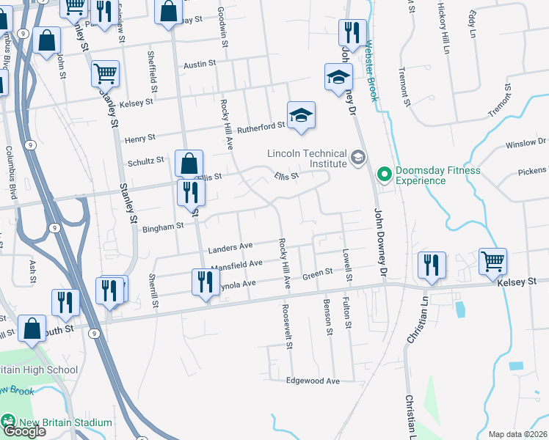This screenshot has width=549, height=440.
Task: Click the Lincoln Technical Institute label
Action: coord(307,159)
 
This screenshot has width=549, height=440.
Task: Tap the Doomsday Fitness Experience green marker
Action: coord(383,175)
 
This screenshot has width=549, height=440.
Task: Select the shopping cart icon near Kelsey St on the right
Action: coord(493,262)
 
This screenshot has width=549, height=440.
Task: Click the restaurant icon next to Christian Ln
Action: coord(430,266)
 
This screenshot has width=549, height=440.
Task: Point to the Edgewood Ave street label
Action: coord(313,381)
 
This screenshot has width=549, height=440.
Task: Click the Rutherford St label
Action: coord(266,126)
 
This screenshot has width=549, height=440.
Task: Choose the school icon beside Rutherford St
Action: coord(301,116)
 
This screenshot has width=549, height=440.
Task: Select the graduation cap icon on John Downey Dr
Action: coord(338,78)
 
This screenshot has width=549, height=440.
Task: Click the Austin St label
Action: coord(200,65)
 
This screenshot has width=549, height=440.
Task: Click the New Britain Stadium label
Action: coord(65,422)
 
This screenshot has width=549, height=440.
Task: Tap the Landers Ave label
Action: coord(230,247)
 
